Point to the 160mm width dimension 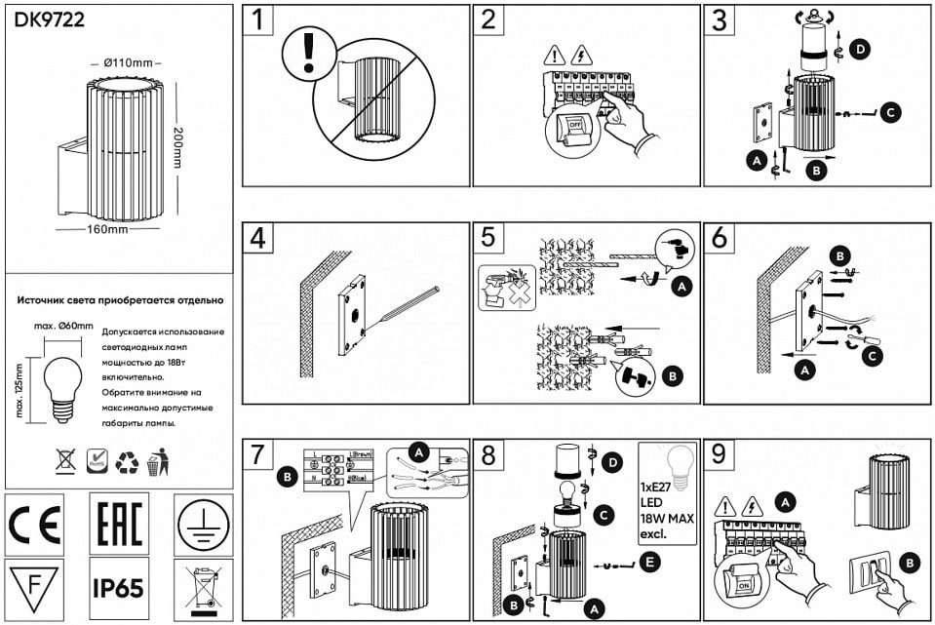[106, 231]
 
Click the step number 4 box [258, 238]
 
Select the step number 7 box [258, 455]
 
